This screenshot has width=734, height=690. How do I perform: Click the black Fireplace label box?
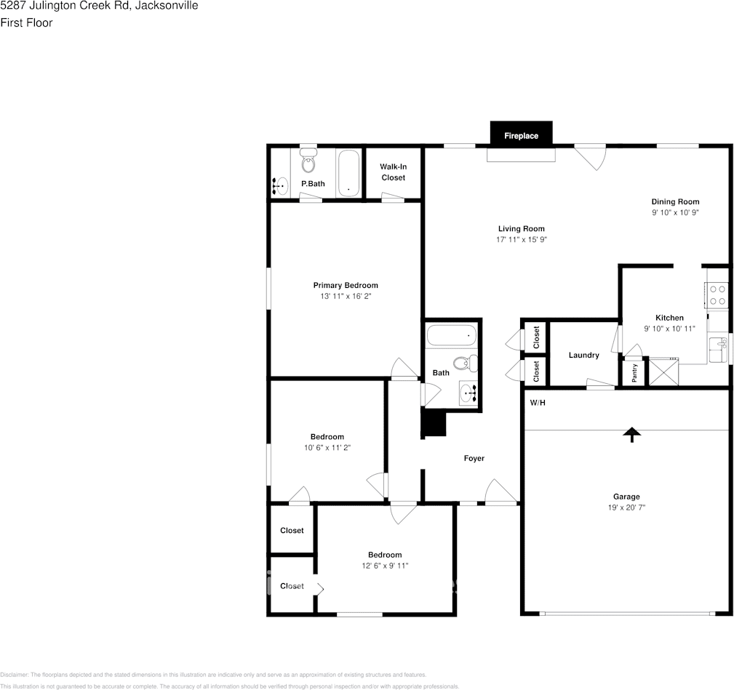coord(521,135)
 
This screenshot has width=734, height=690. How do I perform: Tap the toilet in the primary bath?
coord(308,161)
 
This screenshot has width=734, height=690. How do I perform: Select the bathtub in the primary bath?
coord(349,172)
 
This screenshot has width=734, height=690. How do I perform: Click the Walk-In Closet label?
coord(393,172)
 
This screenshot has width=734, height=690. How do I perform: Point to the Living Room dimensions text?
coord(521,239)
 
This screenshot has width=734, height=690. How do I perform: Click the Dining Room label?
coord(675,201)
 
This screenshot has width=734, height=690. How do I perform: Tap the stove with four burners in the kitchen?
coord(717,294)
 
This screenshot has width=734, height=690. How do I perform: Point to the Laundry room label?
coord(583,356)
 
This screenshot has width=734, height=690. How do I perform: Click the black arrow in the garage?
coord(631,434)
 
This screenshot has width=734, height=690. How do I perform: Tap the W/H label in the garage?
coord(537,403)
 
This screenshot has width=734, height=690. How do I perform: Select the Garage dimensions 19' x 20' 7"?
coord(626,508)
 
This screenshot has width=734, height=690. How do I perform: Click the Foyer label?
coord(474,458)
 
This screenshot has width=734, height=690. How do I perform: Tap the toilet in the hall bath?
coord(463,362)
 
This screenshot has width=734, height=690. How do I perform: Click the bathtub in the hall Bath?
coord(451,336)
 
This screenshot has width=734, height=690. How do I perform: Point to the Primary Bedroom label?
coord(346,285)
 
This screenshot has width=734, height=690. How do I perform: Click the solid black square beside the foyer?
coord(434,423)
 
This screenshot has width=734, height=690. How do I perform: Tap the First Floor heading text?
coord(26,23)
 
